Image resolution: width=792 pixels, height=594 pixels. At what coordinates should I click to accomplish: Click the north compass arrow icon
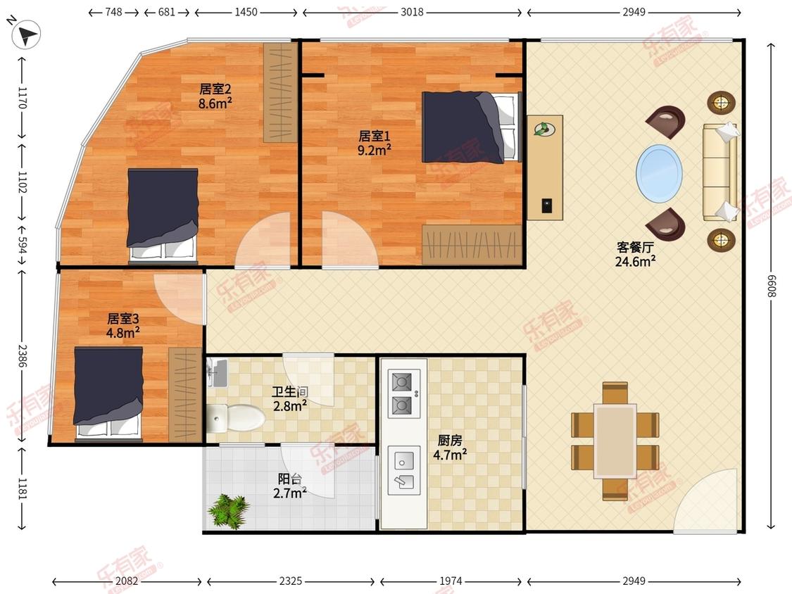coord(26,34)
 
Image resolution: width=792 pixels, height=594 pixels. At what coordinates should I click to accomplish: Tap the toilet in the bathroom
coord(236,418)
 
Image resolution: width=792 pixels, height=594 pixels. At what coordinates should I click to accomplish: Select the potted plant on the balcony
coord(229,511)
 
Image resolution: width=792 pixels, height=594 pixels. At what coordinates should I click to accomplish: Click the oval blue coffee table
coord(659,173)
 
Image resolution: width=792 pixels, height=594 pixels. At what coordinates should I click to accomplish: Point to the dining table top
coord(615,441)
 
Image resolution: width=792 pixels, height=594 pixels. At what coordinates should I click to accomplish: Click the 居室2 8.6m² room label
coord(215,96)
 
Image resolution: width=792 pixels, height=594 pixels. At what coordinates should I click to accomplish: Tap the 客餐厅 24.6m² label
coord(636,254)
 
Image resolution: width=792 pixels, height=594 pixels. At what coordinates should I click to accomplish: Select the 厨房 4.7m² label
coord(450,448)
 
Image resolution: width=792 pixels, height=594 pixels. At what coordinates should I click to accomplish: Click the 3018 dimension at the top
coord(412,12)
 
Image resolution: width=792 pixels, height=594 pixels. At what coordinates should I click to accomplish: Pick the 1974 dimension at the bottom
coord(451,581)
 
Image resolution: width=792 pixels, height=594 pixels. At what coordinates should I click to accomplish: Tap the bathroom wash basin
coord(218,372)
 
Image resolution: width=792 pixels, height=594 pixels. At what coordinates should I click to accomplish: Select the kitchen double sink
coord(403,470)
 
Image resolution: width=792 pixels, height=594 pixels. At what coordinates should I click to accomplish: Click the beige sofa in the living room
coord(719,172)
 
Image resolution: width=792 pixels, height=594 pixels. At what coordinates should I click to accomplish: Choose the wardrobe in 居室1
coord(472,245)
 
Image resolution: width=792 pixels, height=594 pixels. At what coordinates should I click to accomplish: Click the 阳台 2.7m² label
coord(289,486)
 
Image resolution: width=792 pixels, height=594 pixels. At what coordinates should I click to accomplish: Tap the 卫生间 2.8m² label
coord(289,398)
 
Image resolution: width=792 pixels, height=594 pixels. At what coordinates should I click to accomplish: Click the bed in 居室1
coord(471,127)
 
